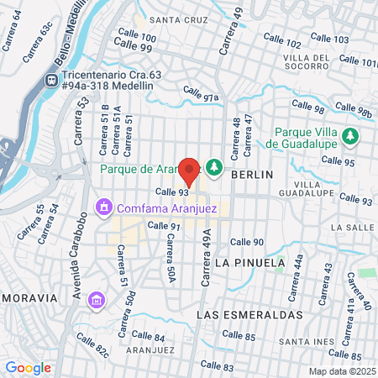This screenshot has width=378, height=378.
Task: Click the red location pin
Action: (x=189, y=171)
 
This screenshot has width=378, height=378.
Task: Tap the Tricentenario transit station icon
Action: (x=52, y=79)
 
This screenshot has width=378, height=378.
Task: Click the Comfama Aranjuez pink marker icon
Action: (x=104, y=207)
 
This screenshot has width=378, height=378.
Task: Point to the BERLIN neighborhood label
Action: (x=252, y=174)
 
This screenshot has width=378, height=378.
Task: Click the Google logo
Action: (x=29, y=367)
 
